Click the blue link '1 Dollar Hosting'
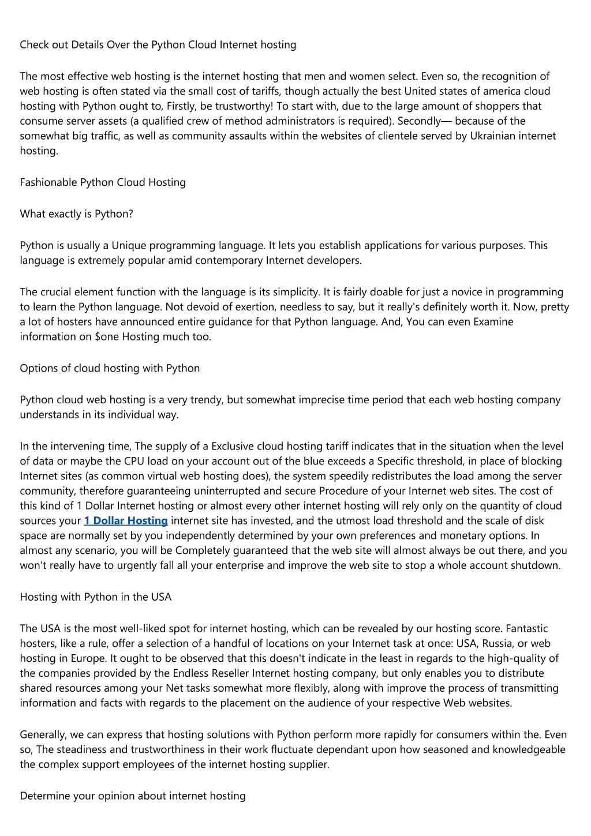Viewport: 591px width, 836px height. (126, 521)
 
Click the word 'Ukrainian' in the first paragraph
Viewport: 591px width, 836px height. (493, 136)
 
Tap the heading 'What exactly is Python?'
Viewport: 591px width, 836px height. (76, 214)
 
